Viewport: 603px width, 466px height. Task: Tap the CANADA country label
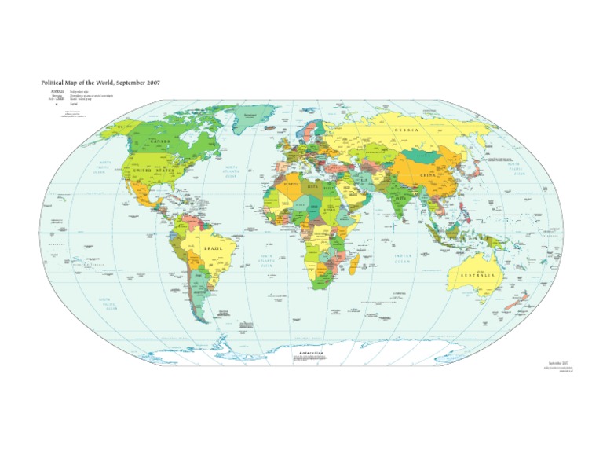pos(160,141)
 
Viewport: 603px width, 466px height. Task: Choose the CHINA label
pos(428,175)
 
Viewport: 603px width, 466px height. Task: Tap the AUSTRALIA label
pos(473,275)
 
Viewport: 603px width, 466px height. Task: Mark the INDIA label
pos(400,197)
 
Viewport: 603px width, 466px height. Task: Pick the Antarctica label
pos(310,353)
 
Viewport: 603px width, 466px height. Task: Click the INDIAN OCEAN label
pos(403,259)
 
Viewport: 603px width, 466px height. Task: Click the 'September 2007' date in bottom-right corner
pos(558,362)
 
